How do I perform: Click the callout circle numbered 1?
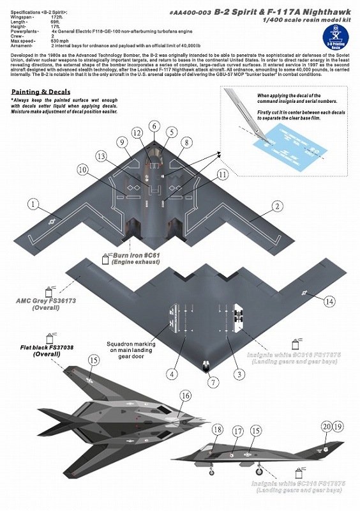coord(33,204)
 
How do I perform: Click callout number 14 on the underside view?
coord(329,300)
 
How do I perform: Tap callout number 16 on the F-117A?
coord(184,396)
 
